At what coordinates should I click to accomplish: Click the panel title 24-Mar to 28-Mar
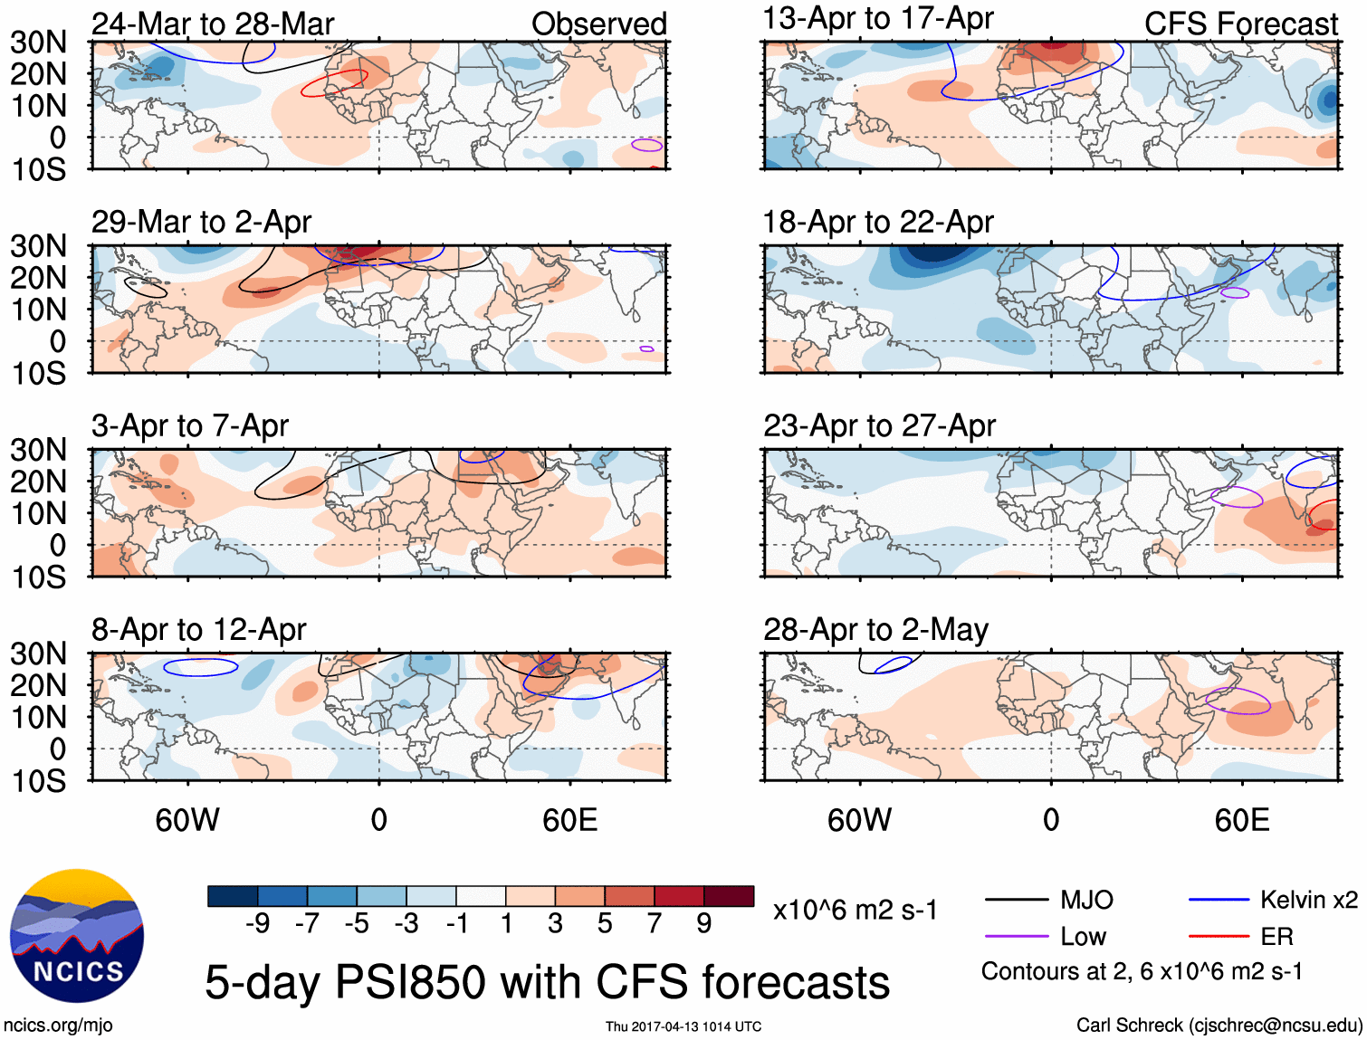(213, 24)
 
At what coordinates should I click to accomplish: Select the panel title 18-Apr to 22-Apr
(878, 222)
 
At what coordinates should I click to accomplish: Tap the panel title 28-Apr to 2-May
(875, 630)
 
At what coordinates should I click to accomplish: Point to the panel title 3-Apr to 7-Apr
(190, 425)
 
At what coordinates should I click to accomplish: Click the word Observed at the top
(598, 24)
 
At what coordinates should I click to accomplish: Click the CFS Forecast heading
(1240, 24)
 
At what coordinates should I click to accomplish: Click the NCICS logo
(77, 936)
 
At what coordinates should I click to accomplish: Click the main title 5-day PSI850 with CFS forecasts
(547, 983)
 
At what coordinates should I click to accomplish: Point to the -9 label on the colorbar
(257, 924)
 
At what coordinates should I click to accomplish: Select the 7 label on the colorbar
(655, 924)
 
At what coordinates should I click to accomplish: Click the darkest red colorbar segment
(729, 896)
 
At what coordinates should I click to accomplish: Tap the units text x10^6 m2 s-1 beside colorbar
(855, 910)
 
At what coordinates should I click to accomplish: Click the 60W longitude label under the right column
(859, 820)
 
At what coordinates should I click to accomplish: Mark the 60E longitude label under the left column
(569, 820)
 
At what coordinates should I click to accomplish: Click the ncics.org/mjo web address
(58, 1026)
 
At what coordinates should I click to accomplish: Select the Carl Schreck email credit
(1219, 1026)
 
